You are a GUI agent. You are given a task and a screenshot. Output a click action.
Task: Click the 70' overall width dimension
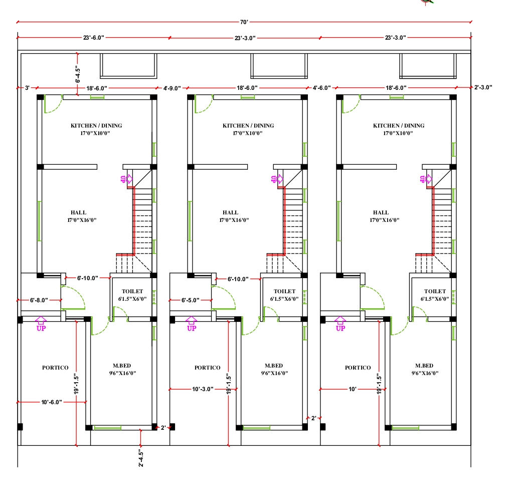(244, 22)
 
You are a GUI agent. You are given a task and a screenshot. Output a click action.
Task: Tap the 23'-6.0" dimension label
(94, 38)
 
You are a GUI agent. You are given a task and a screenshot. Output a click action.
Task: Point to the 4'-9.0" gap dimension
(172, 88)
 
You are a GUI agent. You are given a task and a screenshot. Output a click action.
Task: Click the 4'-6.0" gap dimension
(321, 88)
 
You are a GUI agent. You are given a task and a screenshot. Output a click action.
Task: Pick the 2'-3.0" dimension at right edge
(483, 87)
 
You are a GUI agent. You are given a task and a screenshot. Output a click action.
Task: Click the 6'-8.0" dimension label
(39, 300)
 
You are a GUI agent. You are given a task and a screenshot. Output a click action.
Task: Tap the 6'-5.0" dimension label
(191, 300)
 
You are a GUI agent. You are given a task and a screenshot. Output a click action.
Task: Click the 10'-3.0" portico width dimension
(203, 389)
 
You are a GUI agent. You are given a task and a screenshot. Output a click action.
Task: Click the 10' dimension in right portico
(351, 389)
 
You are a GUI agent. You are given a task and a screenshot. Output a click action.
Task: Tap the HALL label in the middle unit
(231, 212)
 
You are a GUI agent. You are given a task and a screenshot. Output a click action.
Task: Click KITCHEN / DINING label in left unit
(96, 126)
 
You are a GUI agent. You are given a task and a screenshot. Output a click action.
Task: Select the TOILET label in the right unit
(435, 291)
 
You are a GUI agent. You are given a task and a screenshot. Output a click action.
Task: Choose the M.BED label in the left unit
(123, 366)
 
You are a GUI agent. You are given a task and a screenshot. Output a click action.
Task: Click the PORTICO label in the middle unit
(208, 368)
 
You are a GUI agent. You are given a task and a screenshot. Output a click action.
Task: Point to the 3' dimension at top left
(27, 88)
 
